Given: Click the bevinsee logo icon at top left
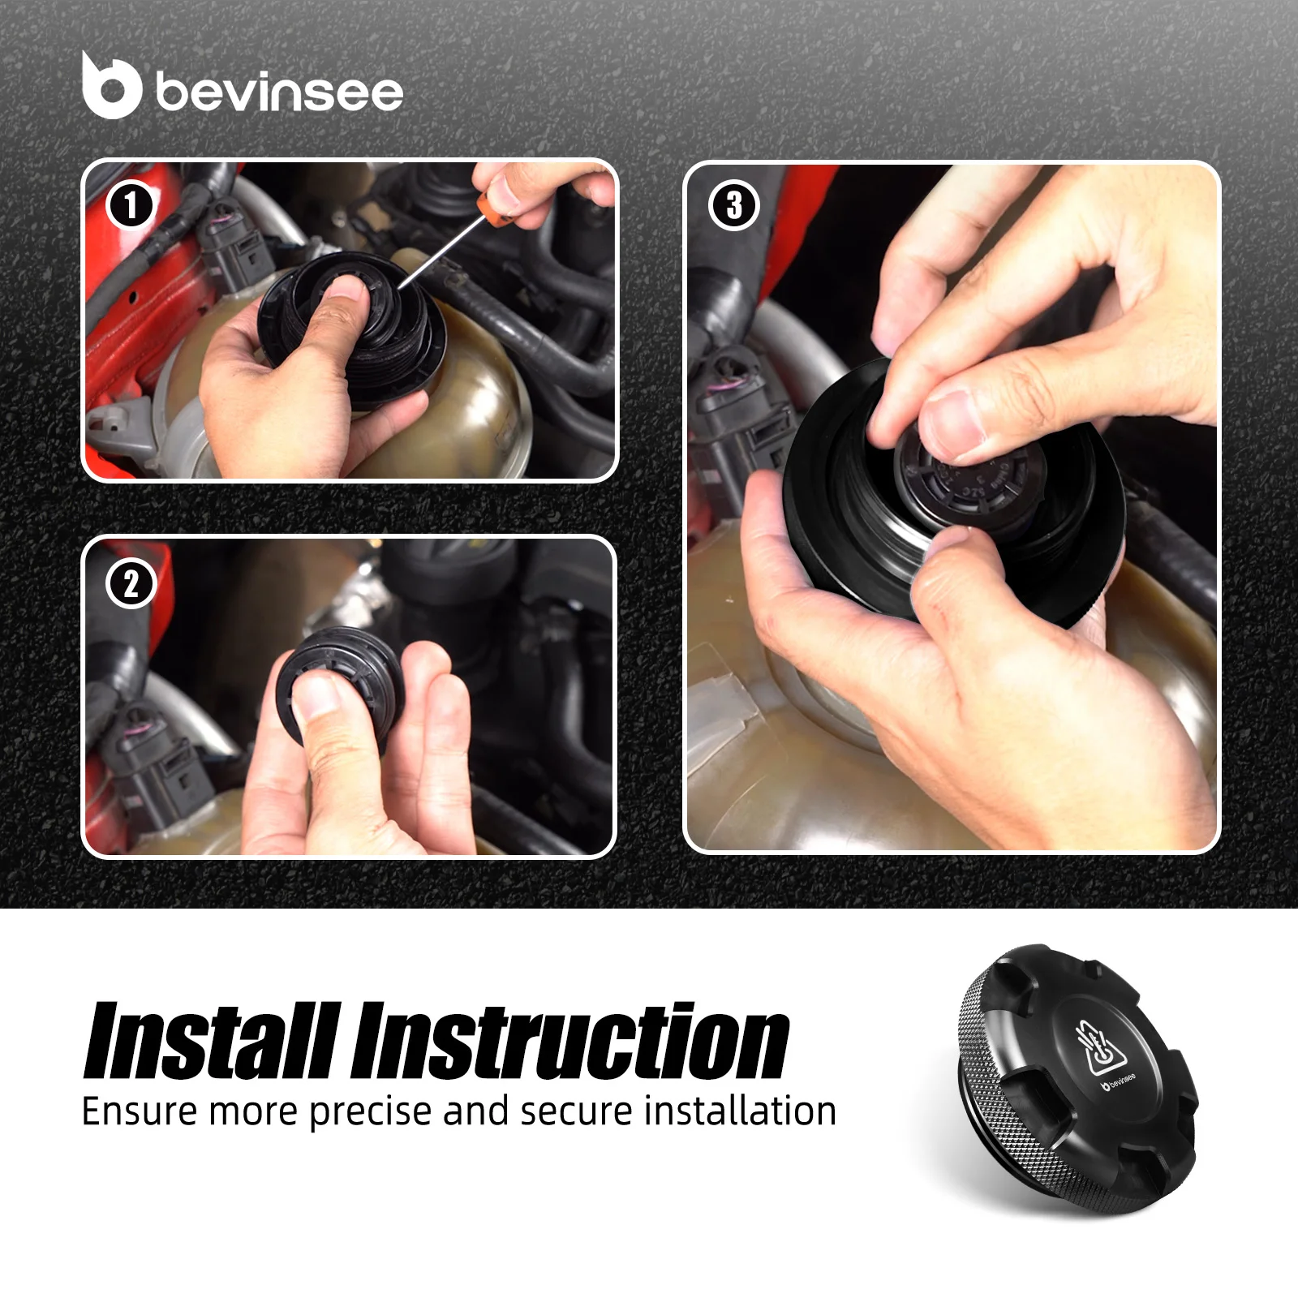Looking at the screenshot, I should pyautogui.click(x=111, y=86).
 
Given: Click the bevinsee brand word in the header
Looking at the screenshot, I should pyautogui.click(x=278, y=92).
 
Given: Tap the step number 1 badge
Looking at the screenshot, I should pyautogui.click(x=131, y=205).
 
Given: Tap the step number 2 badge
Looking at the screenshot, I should pyautogui.click(x=131, y=583).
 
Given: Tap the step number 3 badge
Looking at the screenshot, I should pyautogui.click(x=733, y=205).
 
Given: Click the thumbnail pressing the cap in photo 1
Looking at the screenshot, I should pyautogui.click(x=347, y=290).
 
